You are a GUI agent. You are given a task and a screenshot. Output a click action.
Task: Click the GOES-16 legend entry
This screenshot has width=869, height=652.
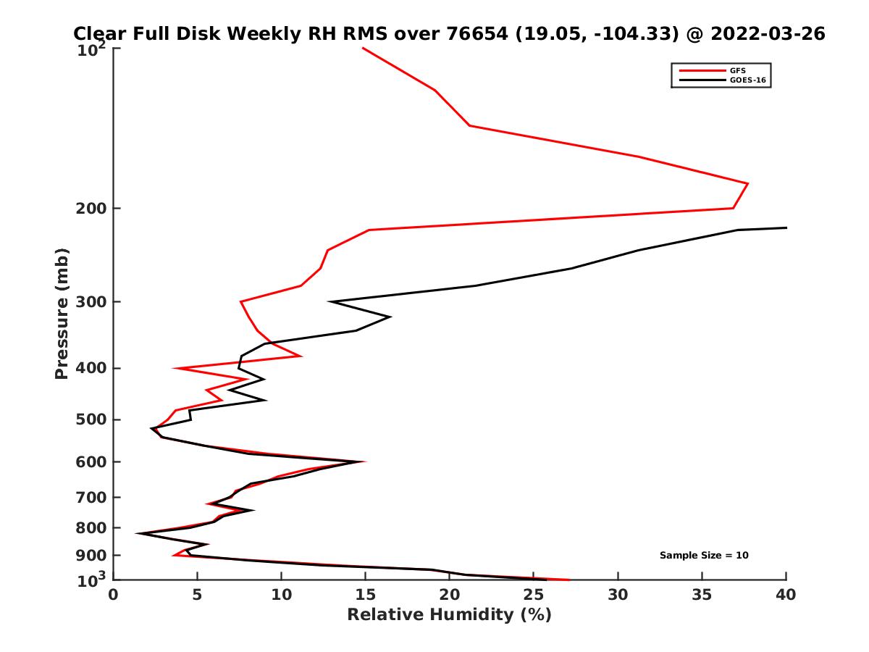pyautogui.click(x=749, y=80)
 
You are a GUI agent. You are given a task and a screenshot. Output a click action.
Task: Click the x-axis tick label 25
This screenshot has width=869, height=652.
pyautogui.click(x=534, y=595)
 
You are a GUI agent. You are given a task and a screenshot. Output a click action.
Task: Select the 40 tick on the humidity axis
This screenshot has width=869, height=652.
pyautogui.click(x=786, y=595)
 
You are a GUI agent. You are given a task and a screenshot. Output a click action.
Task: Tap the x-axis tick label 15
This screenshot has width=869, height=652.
pyautogui.click(x=366, y=595)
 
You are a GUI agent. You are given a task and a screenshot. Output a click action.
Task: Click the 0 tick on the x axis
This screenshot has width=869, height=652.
pyautogui.click(x=114, y=595)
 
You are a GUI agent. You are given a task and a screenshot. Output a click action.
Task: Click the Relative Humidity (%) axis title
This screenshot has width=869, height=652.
pyautogui.click(x=449, y=615)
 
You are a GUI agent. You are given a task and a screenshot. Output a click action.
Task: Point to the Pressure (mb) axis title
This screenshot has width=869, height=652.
pyautogui.click(x=62, y=313)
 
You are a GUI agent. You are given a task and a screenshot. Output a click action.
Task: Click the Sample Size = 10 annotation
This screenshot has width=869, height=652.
pyautogui.click(x=704, y=556)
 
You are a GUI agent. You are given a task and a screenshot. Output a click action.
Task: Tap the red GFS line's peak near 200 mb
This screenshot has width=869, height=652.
pyautogui.click(x=747, y=183)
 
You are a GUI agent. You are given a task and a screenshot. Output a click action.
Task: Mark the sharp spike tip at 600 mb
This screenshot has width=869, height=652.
pyautogui.click(x=364, y=461)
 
